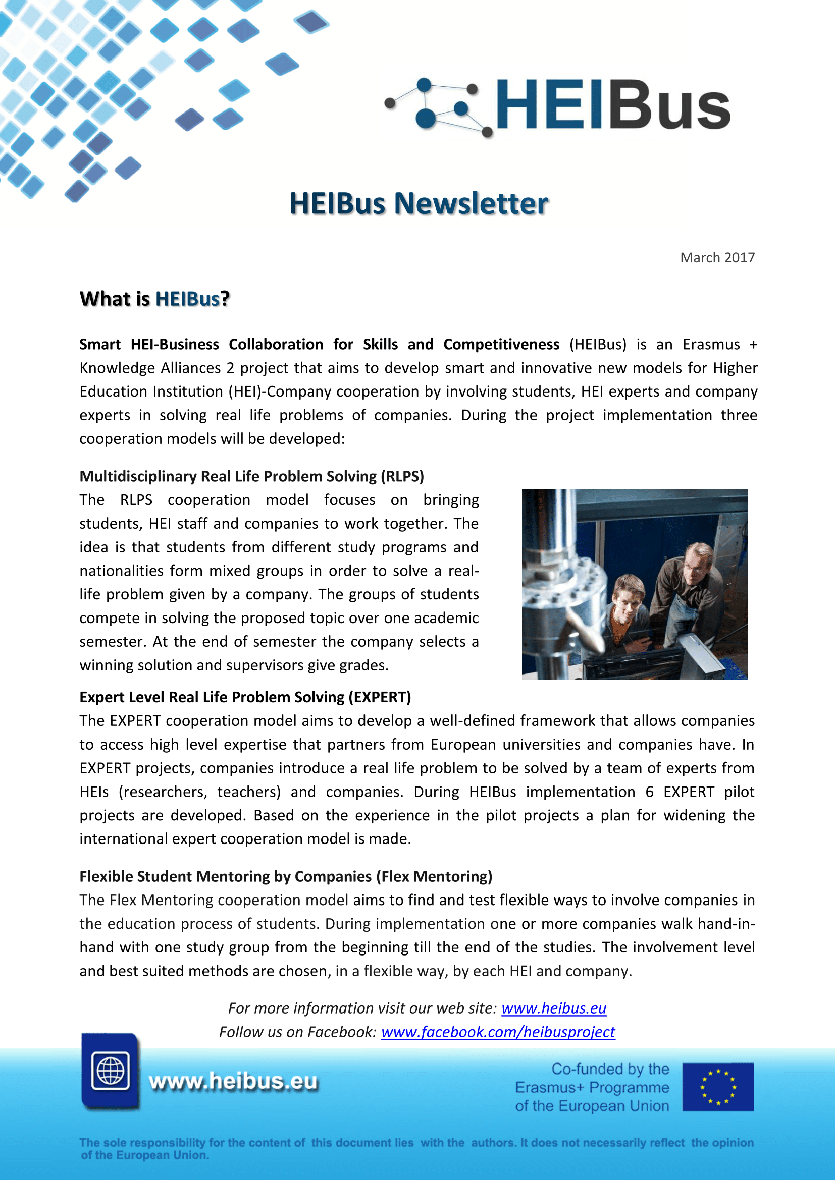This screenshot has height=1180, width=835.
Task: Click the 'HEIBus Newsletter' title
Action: pyautogui.click(x=419, y=203)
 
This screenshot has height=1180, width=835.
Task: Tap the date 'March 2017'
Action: pyautogui.click(x=717, y=257)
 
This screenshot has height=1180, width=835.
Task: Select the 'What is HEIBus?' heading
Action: pyautogui.click(x=154, y=299)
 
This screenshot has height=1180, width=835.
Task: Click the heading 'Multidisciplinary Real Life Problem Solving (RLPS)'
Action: pyautogui.click(x=251, y=476)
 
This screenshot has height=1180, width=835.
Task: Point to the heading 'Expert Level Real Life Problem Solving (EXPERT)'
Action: pyautogui.click(x=245, y=697)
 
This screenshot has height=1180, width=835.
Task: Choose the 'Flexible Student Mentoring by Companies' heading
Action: pyautogui.click(x=285, y=876)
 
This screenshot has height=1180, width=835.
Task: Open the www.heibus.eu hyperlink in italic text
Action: pyautogui.click(x=554, y=1008)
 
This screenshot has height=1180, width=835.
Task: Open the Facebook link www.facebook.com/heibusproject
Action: pyautogui.click(x=498, y=1032)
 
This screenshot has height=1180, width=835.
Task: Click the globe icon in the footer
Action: pyautogui.click(x=110, y=1071)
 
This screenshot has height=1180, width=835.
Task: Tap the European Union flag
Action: pyautogui.click(x=718, y=1087)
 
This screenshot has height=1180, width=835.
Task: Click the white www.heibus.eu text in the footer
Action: pyautogui.click(x=233, y=1081)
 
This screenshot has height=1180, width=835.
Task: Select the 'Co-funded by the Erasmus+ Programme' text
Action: pyautogui.click(x=592, y=1088)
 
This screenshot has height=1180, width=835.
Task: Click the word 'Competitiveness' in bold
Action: pyautogui.click(x=501, y=345)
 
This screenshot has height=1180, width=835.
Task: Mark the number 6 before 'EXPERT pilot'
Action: pyautogui.click(x=649, y=792)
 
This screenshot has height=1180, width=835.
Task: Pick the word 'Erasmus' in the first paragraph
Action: pyautogui.click(x=711, y=345)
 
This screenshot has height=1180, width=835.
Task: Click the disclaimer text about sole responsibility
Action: pyautogui.click(x=416, y=1149)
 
